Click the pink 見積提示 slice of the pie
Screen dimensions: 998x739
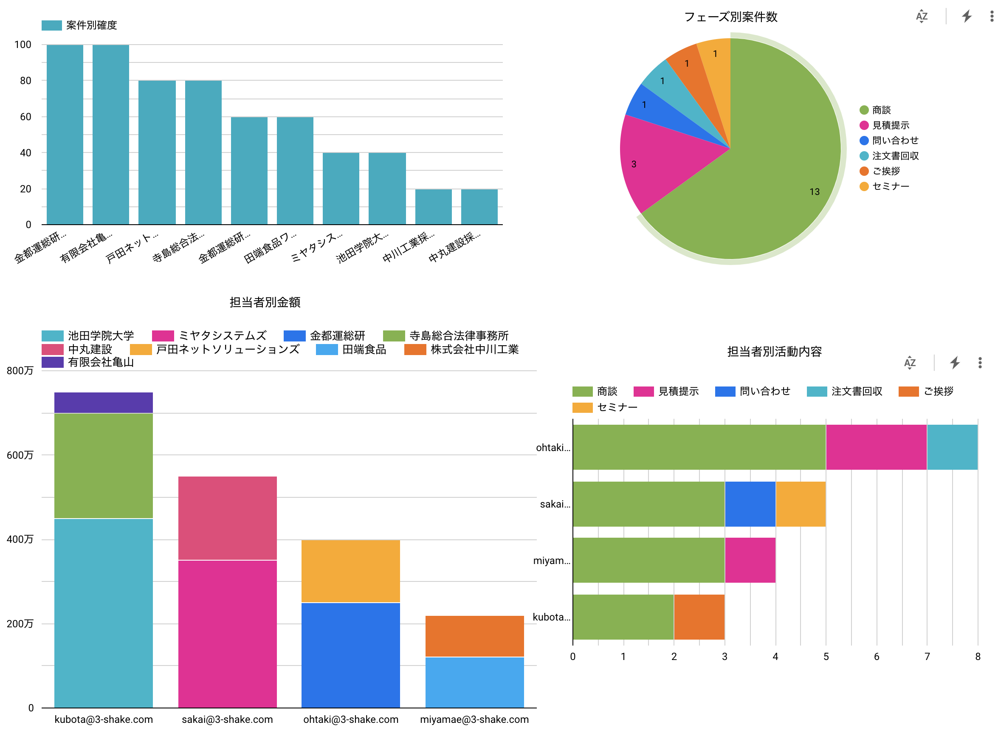[x=657, y=161]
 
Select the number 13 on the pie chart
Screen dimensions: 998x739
[x=814, y=192]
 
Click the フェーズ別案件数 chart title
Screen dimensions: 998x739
[x=730, y=17]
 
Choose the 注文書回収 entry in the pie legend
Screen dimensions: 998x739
[x=889, y=156]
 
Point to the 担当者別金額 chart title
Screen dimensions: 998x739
[x=265, y=302]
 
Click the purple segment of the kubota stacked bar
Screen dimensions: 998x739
[x=103, y=403]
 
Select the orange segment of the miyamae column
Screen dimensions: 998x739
[x=474, y=636]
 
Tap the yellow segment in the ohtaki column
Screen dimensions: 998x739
[x=350, y=571]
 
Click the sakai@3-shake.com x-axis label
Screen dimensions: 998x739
[x=227, y=719]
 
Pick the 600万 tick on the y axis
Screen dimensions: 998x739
[x=20, y=455]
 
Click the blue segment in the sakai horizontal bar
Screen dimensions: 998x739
[x=750, y=504]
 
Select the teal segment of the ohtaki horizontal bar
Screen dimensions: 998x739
[x=952, y=447]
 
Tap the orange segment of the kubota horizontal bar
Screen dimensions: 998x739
[x=699, y=617]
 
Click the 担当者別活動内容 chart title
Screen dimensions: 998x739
[x=774, y=352]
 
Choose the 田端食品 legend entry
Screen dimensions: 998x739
[x=351, y=350]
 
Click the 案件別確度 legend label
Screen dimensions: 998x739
[x=91, y=25]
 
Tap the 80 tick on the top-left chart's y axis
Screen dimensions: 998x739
[x=25, y=81]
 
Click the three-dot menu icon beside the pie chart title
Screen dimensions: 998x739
[x=992, y=17]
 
